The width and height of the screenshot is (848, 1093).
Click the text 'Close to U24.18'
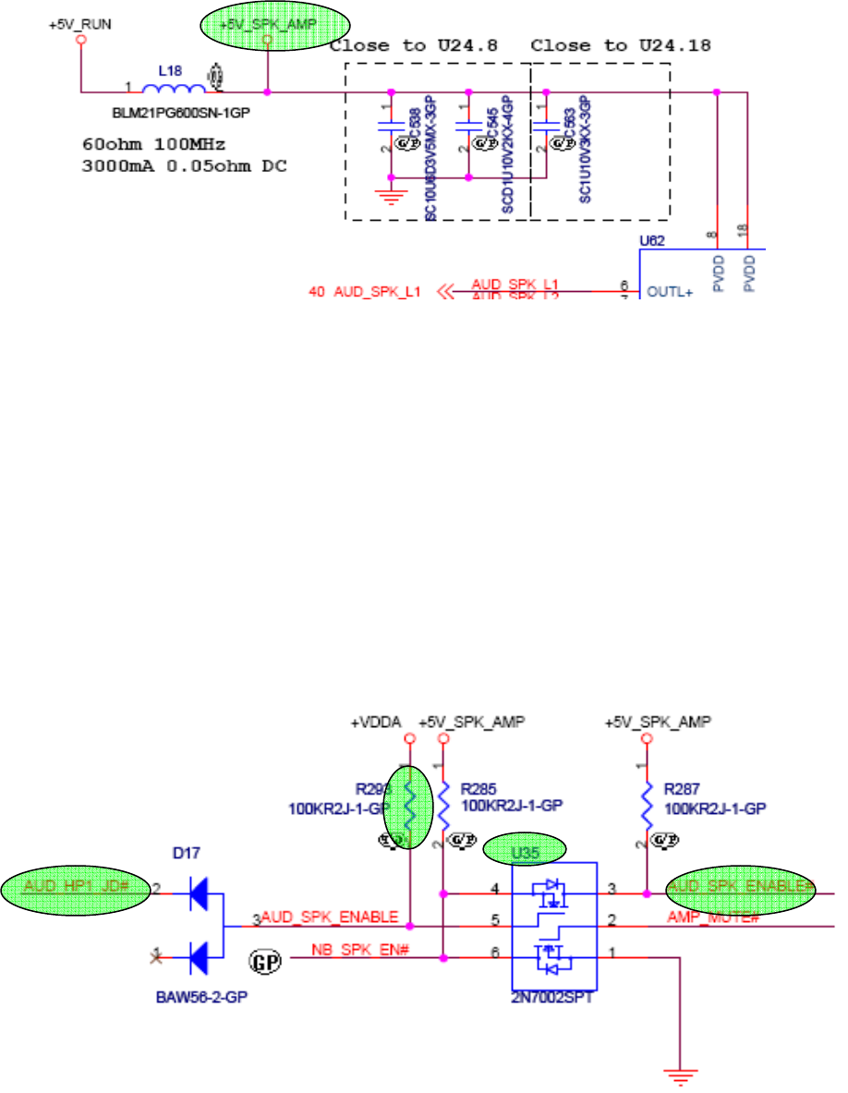coord(600,45)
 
